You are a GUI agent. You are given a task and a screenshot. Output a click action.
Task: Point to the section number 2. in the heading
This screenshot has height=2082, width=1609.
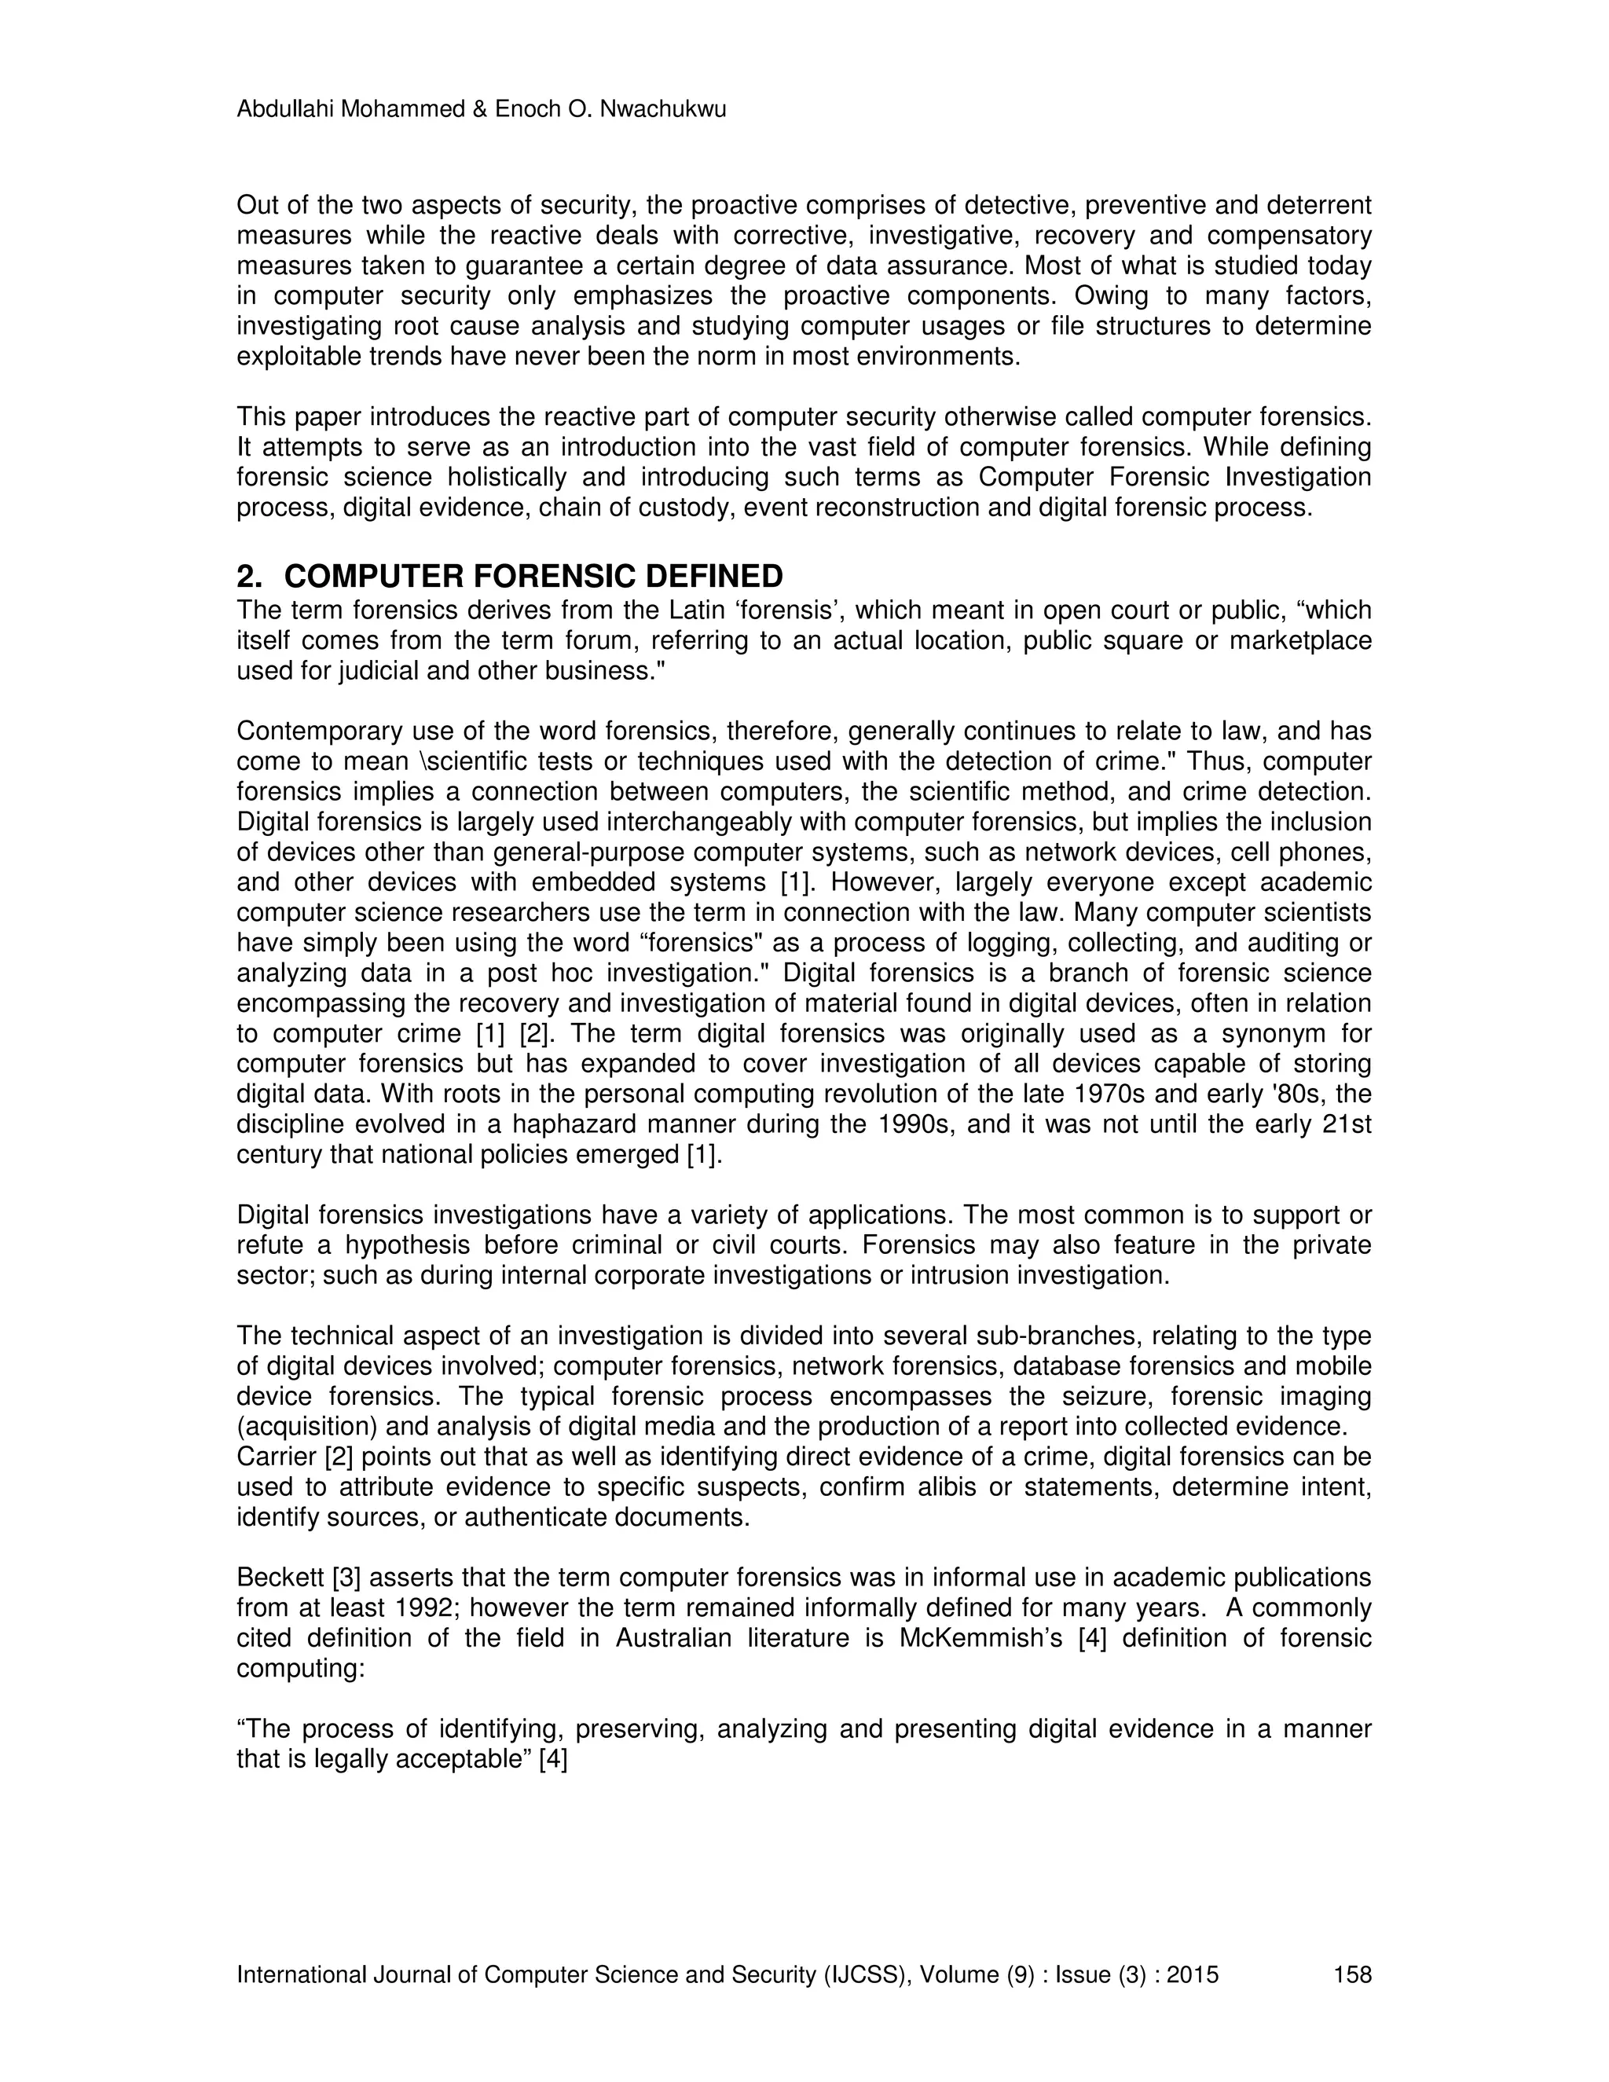[249, 577]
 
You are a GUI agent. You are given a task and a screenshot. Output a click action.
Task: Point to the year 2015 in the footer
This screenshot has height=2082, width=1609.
[1193, 1974]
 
